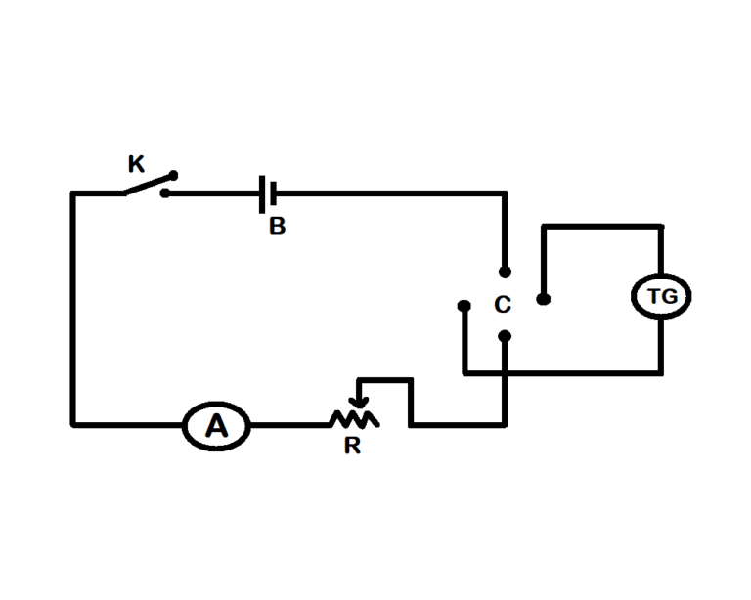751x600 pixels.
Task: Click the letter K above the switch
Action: click(x=137, y=163)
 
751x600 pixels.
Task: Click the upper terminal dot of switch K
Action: click(x=174, y=176)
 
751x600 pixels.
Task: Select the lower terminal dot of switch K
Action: click(x=165, y=193)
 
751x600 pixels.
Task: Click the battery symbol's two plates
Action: click(x=267, y=193)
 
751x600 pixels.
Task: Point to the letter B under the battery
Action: click(x=278, y=227)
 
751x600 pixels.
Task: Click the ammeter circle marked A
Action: click(x=217, y=425)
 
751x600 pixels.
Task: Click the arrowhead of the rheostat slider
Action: click(x=361, y=401)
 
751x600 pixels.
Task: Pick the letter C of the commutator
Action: click(x=503, y=306)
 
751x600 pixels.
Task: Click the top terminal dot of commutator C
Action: click(x=505, y=271)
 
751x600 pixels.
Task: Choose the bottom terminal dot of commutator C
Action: click(x=505, y=337)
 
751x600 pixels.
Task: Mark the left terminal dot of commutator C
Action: click(x=464, y=306)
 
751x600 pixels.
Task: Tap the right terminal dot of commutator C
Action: click(x=544, y=299)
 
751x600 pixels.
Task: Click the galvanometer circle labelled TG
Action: click(x=662, y=297)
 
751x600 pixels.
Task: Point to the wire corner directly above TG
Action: click(x=662, y=227)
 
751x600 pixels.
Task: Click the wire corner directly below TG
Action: click(x=662, y=372)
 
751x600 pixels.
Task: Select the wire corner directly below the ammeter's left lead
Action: click(x=72, y=425)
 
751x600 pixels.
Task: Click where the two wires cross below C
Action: click(x=505, y=372)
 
